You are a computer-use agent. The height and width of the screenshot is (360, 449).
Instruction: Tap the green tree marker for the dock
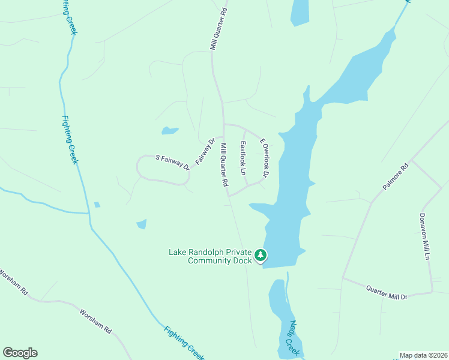tap(261, 256)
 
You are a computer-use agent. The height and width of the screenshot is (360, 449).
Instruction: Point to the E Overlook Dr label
tap(264, 158)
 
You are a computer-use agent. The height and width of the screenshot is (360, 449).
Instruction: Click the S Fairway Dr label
tap(172, 162)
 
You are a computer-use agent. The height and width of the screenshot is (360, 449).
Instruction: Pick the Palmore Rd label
tap(395, 176)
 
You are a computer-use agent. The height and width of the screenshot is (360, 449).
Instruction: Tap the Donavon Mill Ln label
tap(424, 236)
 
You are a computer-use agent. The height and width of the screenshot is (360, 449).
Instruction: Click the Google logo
tap(20, 353)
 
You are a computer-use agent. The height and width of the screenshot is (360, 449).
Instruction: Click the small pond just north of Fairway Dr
tap(170, 130)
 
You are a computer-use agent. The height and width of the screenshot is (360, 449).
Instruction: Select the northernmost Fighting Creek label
tap(70, 17)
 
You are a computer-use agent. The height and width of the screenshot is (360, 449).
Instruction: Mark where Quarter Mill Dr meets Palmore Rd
tap(343, 278)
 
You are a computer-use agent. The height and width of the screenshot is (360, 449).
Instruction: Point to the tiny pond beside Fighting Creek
tap(97, 205)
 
